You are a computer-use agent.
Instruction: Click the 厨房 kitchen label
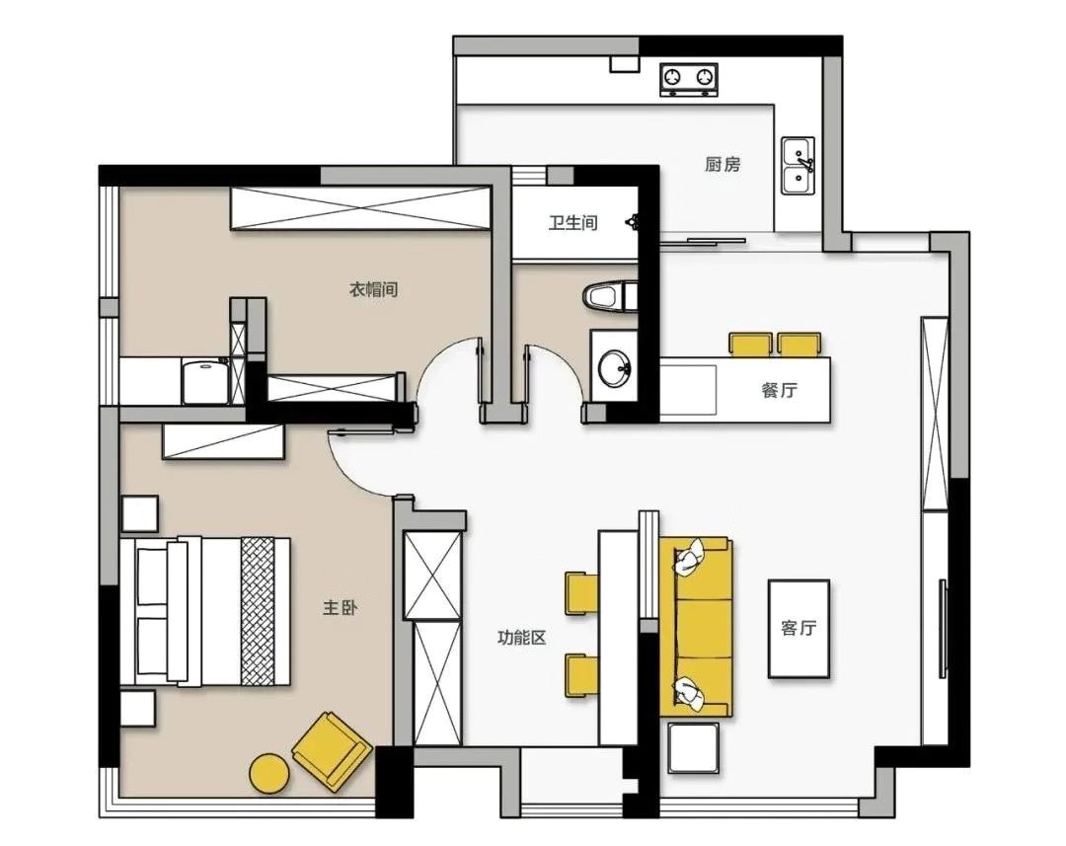click(x=722, y=164)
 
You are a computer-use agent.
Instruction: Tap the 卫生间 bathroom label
click(x=573, y=222)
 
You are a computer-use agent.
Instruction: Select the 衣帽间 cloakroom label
click(x=373, y=289)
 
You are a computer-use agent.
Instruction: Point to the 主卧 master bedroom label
click(x=340, y=607)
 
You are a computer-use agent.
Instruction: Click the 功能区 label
click(x=521, y=638)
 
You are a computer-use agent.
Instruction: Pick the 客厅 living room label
click(x=799, y=628)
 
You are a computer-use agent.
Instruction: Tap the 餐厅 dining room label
click(x=779, y=390)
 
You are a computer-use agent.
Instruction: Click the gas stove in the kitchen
click(x=689, y=79)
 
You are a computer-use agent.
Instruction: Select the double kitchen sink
click(x=798, y=165)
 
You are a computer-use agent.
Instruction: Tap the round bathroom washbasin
click(x=615, y=367)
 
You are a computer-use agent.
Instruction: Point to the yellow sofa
click(x=696, y=626)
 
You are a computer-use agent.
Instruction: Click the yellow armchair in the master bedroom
click(x=332, y=751)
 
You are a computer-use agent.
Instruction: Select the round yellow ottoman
click(x=269, y=774)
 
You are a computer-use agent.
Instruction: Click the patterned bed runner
click(x=258, y=611)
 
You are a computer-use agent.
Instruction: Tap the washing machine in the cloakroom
click(x=205, y=381)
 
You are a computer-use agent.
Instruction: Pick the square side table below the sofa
click(x=693, y=747)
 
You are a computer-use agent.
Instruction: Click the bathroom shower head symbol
click(x=633, y=220)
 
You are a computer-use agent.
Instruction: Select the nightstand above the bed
click(x=139, y=513)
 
